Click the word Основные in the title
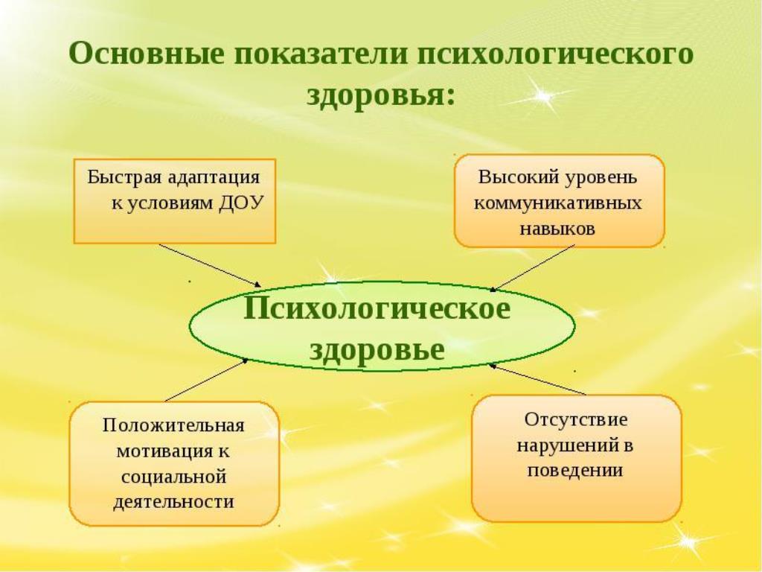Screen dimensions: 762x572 [x=147, y=53]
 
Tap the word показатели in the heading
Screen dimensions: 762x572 [x=321, y=54]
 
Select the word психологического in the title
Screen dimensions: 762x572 [x=555, y=54]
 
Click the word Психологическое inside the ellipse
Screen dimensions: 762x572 [x=377, y=308]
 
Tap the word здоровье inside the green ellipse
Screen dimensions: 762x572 [x=377, y=349]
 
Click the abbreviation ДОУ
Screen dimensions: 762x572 [x=241, y=203]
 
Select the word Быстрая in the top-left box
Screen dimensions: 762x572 [x=124, y=177]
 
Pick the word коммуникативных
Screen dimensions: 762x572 [x=558, y=203]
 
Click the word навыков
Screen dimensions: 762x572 [x=557, y=229]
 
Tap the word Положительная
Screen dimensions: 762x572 [x=173, y=425]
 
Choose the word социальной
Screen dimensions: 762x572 [x=173, y=476]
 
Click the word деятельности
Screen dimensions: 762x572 [x=173, y=501]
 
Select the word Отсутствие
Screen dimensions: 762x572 [x=576, y=419]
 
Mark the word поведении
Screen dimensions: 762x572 [x=575, y=471]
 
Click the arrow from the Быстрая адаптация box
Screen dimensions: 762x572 [x=210, y=265]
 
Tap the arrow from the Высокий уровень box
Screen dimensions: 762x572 [x=532, y=268]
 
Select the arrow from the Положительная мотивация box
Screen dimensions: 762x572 [x=207, y=380]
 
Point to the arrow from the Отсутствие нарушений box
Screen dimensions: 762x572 [x=537, y=379]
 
